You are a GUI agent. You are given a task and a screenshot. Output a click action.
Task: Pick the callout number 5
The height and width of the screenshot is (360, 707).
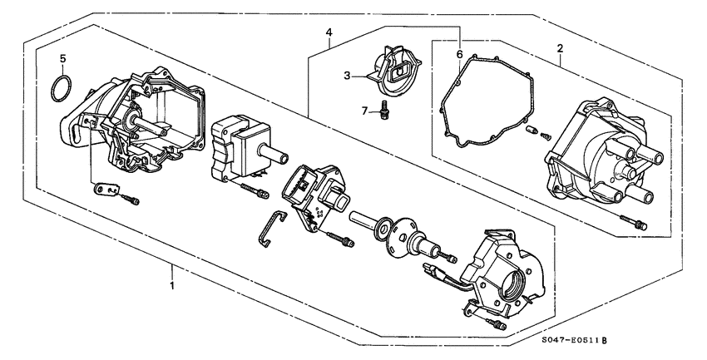62,59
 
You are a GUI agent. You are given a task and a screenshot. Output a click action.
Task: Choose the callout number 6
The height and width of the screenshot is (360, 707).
459,54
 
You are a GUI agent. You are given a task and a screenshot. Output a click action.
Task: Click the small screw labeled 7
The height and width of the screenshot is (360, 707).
385,108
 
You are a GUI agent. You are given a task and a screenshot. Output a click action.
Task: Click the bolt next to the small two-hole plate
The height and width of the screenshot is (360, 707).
131,200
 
